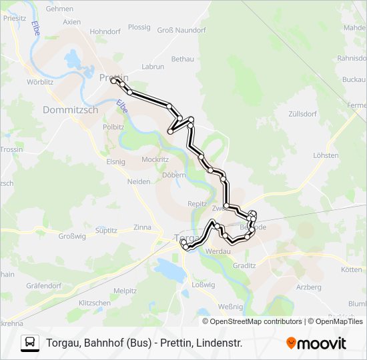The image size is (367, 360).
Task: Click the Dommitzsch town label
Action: [70, 109]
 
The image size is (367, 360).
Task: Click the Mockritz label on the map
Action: [155, 160]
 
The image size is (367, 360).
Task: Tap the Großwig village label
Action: [72, 236]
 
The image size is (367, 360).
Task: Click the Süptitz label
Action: [106, 230]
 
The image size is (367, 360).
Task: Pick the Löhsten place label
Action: [326, 155]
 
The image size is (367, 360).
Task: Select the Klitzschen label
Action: [95, 303]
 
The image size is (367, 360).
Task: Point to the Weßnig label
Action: [230, 307]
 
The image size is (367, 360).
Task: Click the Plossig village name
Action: [139, 27]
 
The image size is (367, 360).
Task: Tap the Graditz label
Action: [244, 265]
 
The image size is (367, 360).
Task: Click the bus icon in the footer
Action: [30, 343]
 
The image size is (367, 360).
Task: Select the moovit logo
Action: [316, 343]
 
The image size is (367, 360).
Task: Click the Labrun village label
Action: [153, 67]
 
